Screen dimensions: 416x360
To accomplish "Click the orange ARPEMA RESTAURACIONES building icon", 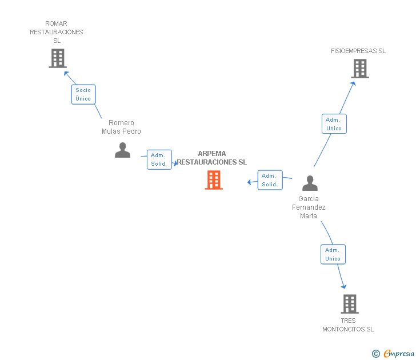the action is click(x=214, y=180).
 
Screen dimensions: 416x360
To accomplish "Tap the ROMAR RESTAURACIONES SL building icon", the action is click(x=58, y=58).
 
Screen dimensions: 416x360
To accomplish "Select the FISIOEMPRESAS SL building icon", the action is click(x=360, y=69).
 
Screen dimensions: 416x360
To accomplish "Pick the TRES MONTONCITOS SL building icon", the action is click(x=350, y=304).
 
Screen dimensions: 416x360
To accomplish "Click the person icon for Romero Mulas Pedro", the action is click(x=122, y=150).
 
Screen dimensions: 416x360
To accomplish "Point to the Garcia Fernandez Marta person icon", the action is click(x=310, y=183).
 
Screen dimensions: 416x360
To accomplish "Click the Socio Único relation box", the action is click(x=83, y=94).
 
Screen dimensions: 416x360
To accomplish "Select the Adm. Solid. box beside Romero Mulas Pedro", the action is click(x=159, y=159).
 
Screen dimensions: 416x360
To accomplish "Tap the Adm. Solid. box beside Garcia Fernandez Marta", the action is click(x=270, y=180).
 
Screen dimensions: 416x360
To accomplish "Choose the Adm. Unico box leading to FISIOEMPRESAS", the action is click(x=334, y=124).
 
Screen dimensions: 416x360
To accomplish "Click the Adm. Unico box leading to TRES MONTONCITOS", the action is click(x=333, y=254).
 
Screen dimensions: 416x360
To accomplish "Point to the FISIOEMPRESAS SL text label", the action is click(x=358, y=51).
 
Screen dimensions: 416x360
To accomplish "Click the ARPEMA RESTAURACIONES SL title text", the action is click(x=212, y=158).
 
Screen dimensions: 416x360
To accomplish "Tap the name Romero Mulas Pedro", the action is click(x=121, y=127).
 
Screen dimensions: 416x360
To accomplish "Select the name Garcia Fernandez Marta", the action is click(x=309, y=207).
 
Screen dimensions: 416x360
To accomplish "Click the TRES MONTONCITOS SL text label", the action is click(x=348, y=325).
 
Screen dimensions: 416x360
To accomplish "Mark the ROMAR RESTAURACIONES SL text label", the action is click(x=57, y=32).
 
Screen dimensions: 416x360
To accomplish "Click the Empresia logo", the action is click(x=393, y=353).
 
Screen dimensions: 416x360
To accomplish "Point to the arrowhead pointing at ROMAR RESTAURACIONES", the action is click(x=66, y=74).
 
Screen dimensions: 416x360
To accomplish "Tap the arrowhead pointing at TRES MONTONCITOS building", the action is click(x=344, y=286).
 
